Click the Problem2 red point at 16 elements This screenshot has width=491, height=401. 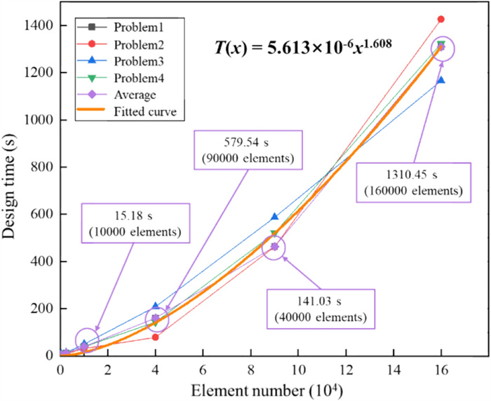point(440,19)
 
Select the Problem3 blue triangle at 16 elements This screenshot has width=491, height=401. point(440,81)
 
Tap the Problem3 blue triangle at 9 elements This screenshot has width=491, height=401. point(274,217)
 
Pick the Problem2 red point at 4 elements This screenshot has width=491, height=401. point(155,337)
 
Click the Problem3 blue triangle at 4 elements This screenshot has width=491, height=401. point(155,306)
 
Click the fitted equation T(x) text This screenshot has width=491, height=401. point(302,47)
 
